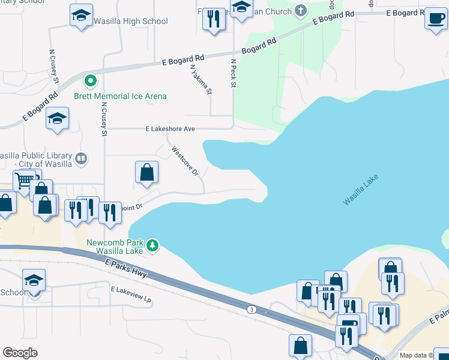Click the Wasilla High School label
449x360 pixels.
tap(130, 22)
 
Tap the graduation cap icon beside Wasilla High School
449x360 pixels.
tap(80, 16)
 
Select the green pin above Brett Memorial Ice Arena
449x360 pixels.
tap(90, 80)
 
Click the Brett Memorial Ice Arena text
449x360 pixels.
tap(120, 96)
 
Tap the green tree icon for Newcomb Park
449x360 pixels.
tap(153, 244)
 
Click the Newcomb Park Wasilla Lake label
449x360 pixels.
tap(115, 247)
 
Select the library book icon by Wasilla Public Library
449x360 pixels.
tap(80, 159)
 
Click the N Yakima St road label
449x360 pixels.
tap(202, 80)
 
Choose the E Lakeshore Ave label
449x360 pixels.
tap(170, 128)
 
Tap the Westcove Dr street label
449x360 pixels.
tap(184, 161)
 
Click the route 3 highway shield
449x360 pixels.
tap(252, 309)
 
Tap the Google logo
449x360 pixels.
tap(20, 353)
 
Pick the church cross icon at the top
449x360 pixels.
tap(300, 11)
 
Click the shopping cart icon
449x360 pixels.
tap(24, 180)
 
